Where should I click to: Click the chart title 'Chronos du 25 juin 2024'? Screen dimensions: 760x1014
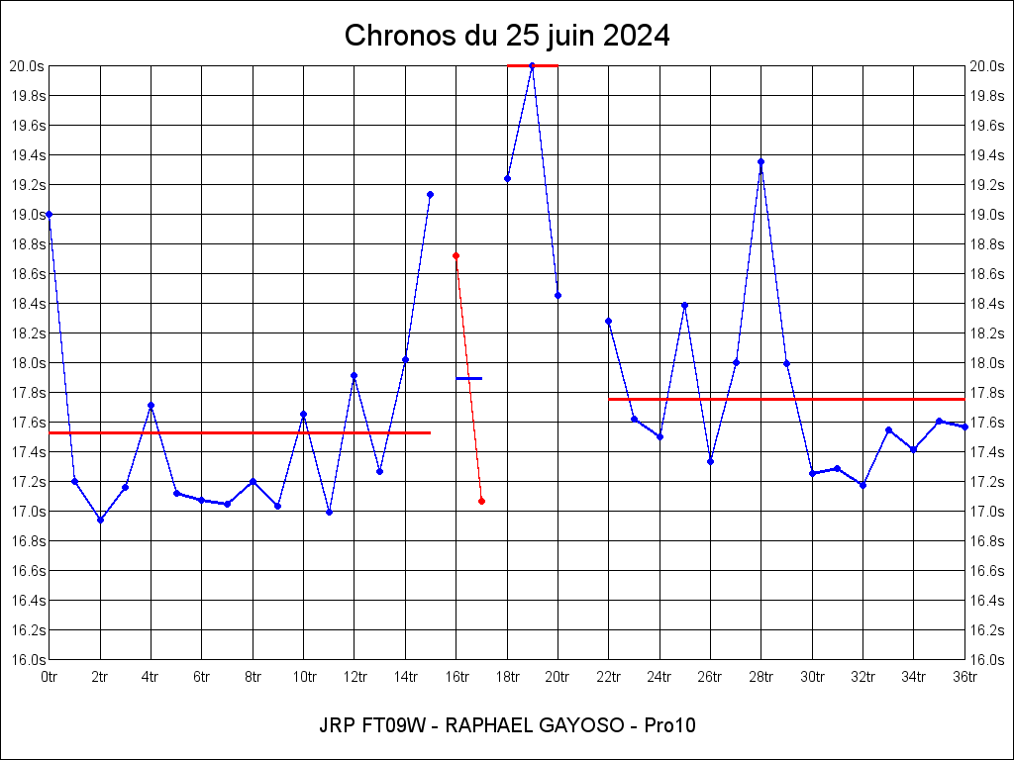tap(507, 37)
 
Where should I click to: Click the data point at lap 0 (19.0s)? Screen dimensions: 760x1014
tap(50, 214)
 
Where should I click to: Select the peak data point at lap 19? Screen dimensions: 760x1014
tap(533, 65)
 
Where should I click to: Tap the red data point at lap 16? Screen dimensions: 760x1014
tap(456, 255)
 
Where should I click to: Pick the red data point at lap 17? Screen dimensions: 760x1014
tap(481, 501)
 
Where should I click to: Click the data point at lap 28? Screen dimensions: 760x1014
tap(760, 161)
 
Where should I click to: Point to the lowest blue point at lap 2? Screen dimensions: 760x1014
tap(100, 520)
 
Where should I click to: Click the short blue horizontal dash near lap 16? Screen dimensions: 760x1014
tap(468, 378)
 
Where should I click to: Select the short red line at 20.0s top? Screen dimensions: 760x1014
tap(533, 65)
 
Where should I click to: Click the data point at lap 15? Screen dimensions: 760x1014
tap(430, 194)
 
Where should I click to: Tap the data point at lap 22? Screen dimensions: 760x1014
tap(608, 321)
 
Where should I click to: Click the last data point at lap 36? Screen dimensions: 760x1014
tap(964, 427)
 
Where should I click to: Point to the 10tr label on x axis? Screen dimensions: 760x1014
tap(304, 677)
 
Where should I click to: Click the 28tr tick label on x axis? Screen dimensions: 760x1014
tap(760, 677)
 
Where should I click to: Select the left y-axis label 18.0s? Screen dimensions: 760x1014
tap(27, 363)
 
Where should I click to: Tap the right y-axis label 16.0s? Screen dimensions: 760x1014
tap(987, 660)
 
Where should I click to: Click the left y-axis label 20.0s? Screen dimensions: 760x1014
tap(27, 66)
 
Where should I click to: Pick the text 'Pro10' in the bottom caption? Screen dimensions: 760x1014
tap(669, 725)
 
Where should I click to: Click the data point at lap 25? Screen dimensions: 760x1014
tap(684, 306)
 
